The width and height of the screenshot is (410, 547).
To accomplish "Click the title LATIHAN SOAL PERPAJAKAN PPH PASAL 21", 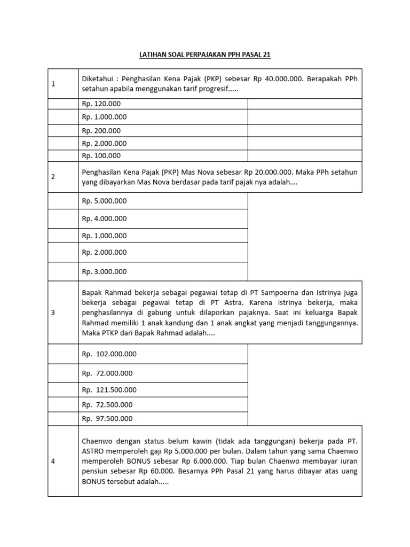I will (x=205, y=55).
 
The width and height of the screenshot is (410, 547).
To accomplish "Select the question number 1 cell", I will (x=53, y=84).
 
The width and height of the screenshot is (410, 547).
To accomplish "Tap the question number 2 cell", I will (x=53, y=177).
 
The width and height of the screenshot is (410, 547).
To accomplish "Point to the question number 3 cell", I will (x=53, y=313).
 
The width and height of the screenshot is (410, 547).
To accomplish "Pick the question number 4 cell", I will (x=53, y=461).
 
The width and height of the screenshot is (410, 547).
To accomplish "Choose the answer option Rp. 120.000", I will (x=101, y=104).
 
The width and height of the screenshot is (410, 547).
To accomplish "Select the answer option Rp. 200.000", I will (x=101, y=130).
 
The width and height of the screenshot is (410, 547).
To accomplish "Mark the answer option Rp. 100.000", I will (x=101, y=156).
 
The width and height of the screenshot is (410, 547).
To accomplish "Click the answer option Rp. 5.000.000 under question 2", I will (x=104, y=201).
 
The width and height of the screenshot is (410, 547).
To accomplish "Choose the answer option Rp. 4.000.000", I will (x=104, y=218).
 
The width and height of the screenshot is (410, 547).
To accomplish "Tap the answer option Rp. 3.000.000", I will (x=104, y=271).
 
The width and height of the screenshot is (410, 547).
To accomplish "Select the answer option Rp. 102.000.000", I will (x=109, y=354).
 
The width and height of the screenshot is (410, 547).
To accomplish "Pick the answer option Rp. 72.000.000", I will (x=107, y=373).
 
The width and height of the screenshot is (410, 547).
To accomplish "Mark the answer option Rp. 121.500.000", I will (x=109, y=390).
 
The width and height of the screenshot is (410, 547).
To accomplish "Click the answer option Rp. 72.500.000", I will (x=107, y=404).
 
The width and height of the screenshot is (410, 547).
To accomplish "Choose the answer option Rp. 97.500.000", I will (x=107, y=418).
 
